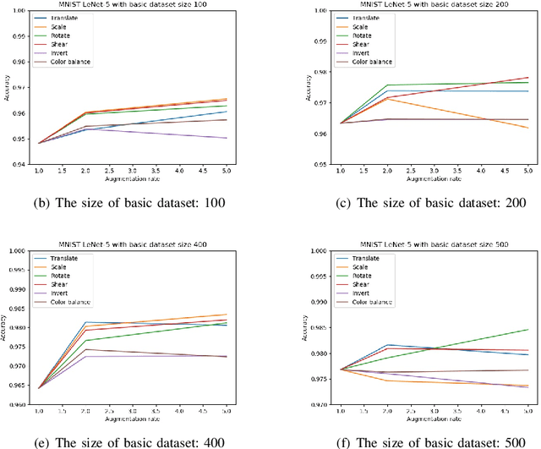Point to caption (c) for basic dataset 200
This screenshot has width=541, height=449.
click(x=420, y=203)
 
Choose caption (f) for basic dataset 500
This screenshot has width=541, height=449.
click(x=420, y=441)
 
